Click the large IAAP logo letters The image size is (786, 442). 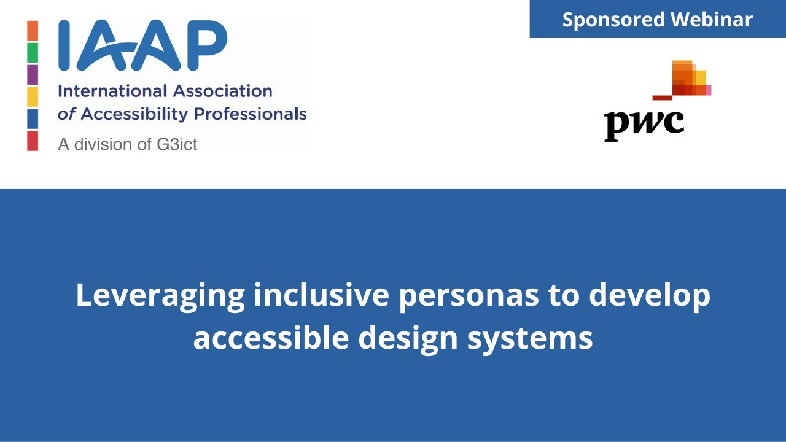click(x=142, y=45)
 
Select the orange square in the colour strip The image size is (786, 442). click(x=33, y=31)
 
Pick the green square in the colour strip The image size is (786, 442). click(x=33, y=53)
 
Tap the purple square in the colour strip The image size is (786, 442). click(x=33, y=75)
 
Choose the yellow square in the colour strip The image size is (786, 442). click(x=33, y=97)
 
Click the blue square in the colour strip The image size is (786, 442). click(x=33, y=119)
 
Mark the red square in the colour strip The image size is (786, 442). click(x=33, y=141)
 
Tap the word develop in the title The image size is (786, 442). click(x=649, y=296)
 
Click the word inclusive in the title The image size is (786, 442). click(x=321, y=295)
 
